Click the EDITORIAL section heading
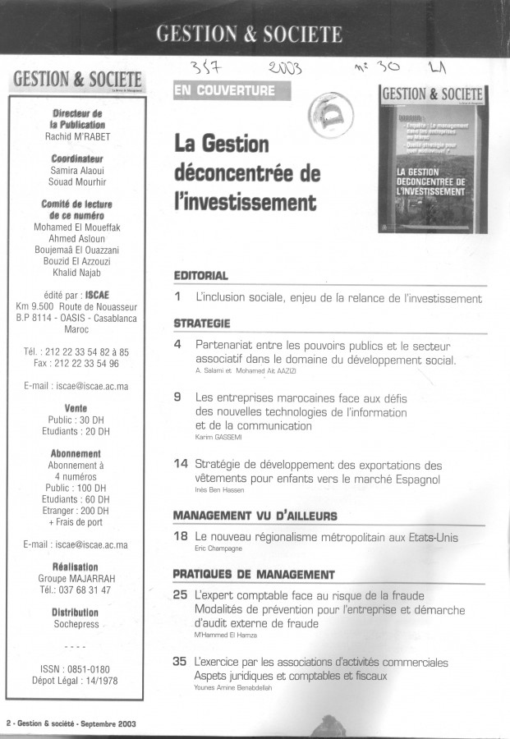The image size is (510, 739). point(201,276)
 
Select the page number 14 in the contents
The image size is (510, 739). point(182,464)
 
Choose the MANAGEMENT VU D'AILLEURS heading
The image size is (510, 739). point(255,515)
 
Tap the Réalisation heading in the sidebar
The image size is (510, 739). point(76,567)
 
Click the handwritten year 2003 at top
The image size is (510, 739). point(285,69)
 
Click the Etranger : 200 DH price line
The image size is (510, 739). point(76,510)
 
